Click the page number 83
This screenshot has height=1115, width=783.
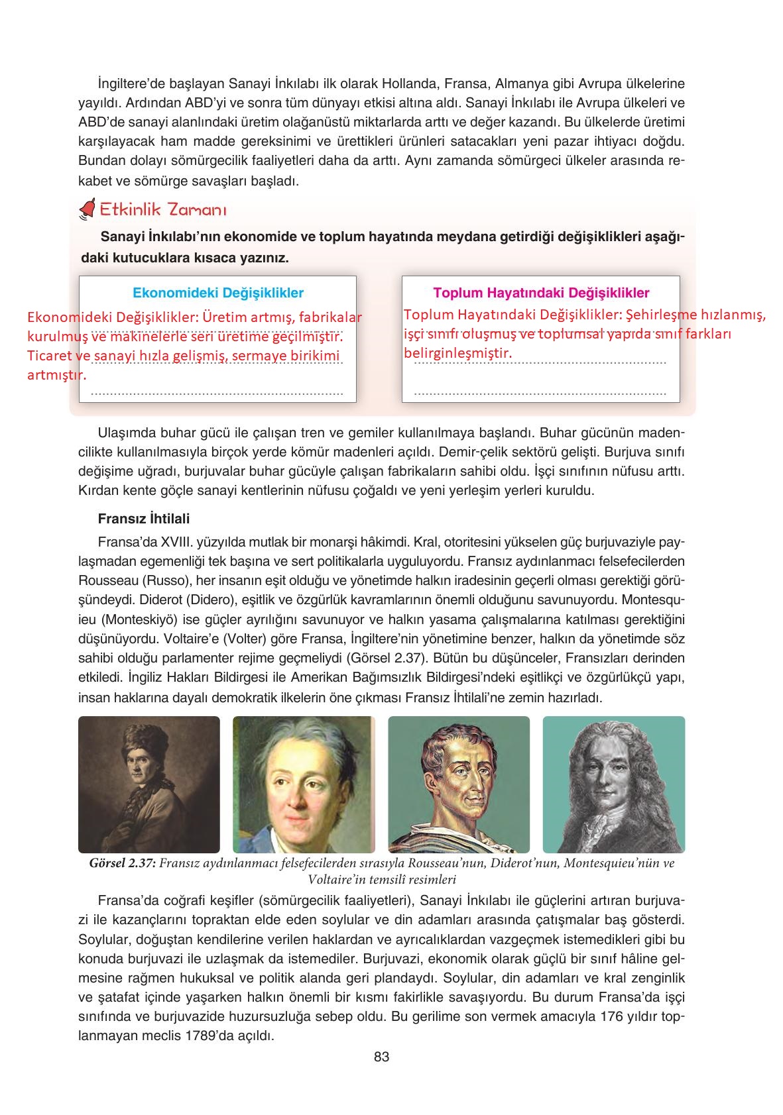[381, 1057]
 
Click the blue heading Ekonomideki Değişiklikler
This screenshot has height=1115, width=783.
[218, 293]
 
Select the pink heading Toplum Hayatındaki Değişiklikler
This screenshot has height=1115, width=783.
[541, 293]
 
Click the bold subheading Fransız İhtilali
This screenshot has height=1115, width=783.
[143, 519]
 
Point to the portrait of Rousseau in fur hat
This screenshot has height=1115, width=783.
[149, 784]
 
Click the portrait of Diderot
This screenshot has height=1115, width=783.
[304, 784]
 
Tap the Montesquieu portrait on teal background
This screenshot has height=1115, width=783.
[459, 784]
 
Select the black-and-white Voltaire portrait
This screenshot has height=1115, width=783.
[613, 784]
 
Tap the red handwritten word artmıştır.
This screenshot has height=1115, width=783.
[56, 376]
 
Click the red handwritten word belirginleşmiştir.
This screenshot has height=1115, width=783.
[458, 353]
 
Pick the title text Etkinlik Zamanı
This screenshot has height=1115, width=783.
[163, 210]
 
